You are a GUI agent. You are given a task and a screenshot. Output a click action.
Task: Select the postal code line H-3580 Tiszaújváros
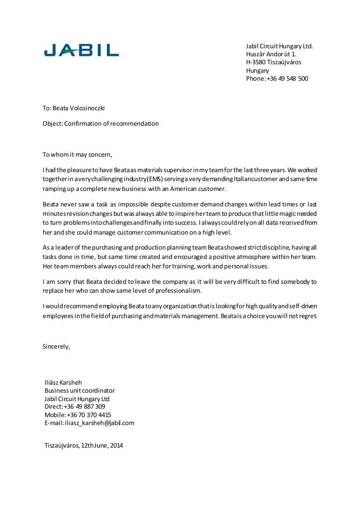[x=273, y=62]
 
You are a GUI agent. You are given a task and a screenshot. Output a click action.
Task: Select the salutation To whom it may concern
[x=77, y=154]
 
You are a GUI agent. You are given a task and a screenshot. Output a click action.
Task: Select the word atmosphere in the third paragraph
[x=264, y=257]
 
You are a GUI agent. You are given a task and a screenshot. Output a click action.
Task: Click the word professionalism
[x=174, y=291]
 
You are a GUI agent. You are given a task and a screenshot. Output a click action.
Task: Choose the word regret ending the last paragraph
[x=307, y=316]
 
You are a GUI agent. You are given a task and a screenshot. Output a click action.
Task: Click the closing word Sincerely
[x=56, y=347]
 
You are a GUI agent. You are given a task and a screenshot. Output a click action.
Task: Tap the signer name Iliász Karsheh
[x=63, y=382]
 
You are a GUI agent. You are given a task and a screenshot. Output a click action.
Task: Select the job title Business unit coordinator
[x=80, y=390]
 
